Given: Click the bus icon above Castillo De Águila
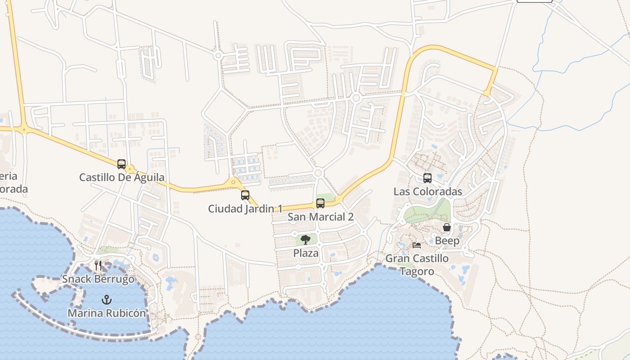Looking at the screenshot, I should point(121,164).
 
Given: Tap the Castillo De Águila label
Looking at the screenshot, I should point(121,177).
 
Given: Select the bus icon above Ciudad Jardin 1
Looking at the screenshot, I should point(245,195).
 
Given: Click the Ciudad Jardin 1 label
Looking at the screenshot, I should point(245,209).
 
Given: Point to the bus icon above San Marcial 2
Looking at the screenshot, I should point(320,203).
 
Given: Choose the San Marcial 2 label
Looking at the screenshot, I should point(320,217).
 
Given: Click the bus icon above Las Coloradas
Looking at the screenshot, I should point(427,178).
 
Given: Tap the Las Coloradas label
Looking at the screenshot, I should point(427,192).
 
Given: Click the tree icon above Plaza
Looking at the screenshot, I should point(306,239).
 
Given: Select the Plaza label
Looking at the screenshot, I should point(306,253).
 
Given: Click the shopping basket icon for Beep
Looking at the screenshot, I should point(447,228).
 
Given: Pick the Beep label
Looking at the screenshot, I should point(447,241).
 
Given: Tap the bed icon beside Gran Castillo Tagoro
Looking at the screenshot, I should point(417,245).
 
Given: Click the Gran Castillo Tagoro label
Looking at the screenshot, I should point(417,265).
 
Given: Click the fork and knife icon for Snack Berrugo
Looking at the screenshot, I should point(98,265).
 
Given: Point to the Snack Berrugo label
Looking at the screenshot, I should point(98,279).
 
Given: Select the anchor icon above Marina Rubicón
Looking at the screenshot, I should point(107,299).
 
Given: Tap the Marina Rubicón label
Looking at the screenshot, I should point(107,313).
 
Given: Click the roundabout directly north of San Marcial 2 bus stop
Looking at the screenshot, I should point(319,173).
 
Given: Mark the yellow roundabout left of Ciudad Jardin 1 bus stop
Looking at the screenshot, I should point(233,183).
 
